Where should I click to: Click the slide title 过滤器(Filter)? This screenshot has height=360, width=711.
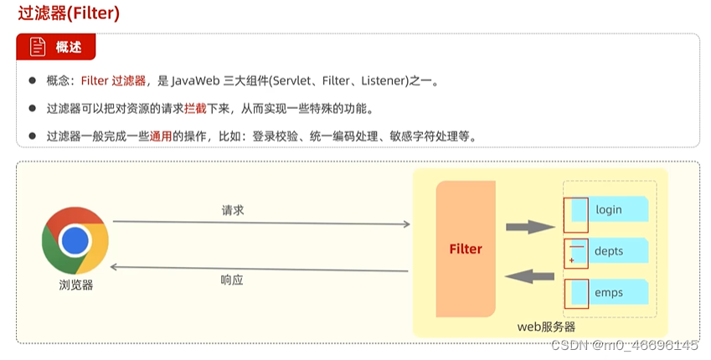tap(62, 13)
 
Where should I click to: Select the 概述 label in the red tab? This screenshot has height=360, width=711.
tap(69, 48)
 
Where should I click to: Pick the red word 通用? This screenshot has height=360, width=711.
tap(161, 136)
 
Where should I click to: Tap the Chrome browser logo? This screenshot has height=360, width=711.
tap(75, 240)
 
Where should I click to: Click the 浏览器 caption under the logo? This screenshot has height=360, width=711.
tap(75, 285)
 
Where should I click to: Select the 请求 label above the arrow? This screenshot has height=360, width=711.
tap(233, 210)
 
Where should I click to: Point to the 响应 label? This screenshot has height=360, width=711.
tap(232, 280)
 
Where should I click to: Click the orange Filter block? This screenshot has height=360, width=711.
tap(466, 249)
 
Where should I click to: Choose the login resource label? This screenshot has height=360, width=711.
tap(609, 209)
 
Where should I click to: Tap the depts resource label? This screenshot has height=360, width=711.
tap(609, 251)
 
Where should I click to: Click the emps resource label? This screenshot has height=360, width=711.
tap(609, 293)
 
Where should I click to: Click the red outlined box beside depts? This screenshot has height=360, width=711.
tap(576, 252)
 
